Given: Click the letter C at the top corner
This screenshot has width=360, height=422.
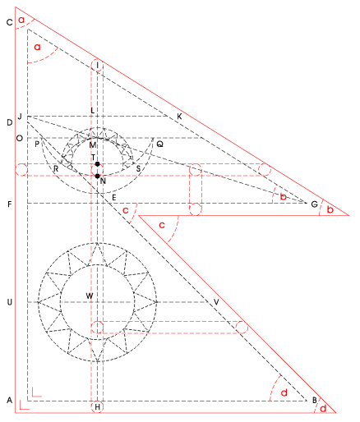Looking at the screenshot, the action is pos(10,22).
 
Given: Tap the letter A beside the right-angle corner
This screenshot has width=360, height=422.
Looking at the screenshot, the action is pos(10,401).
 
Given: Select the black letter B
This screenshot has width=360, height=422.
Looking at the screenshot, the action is pos(315,401).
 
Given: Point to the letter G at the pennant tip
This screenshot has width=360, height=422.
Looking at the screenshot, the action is pos(314,204).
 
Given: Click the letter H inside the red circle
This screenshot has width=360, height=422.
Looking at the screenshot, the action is pos(98,407).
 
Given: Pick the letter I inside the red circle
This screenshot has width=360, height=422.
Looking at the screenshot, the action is pos(97,66).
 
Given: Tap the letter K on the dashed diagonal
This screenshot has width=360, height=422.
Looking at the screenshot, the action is pos(179,117).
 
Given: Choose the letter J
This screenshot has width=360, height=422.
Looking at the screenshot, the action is pos(20,117).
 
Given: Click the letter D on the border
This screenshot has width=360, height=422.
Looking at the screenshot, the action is pos(10,122).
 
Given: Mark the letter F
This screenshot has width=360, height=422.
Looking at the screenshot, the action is pos(10,204).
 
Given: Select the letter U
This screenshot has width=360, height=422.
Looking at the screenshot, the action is pos(10,302).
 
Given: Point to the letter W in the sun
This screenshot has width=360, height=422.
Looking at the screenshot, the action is pos(90,296).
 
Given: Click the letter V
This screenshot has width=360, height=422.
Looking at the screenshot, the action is pos(216,302).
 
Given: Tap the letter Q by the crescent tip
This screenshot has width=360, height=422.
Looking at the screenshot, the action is pos(159,144).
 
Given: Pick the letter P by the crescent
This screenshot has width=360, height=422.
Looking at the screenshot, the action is pos(37,144).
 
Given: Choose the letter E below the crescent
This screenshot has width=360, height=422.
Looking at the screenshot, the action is pos(114,198).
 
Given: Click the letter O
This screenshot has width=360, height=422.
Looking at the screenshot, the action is pos(20,138).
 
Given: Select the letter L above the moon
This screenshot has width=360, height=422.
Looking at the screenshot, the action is pos(93,111).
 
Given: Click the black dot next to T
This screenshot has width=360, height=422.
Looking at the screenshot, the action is pos(97,164).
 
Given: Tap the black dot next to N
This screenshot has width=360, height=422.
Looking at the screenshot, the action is pos(97,176).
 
